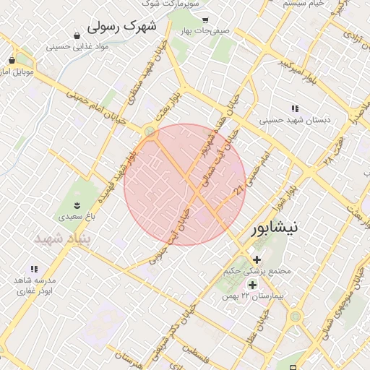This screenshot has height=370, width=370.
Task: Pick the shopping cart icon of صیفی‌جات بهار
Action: pyautogui.click(x=205, y=20)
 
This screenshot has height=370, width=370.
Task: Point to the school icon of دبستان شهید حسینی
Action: pyautogui.click(x=295, y=108)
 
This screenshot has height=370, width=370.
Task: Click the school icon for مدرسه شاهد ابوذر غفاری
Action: pyautogui.click(x=34, y=269)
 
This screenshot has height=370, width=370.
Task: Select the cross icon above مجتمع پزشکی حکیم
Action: pyautogui.click(x=257, y=259)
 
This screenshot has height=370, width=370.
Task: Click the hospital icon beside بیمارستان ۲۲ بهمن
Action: pyautogui.click(x=251, y=285)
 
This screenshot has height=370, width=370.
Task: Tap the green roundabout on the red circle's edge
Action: pyautogui.click(x=150, y=132)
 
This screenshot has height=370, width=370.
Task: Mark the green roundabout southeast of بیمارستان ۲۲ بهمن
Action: pyautogui.click(x=295, y=316)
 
